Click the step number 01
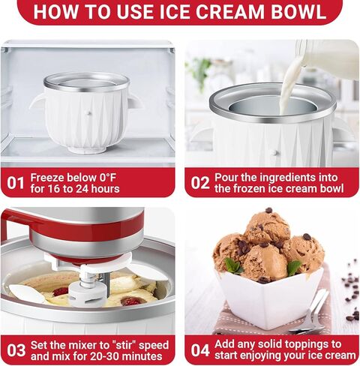(x=16, y=181)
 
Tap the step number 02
(x=199, y=181)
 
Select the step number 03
(x=16, y=350)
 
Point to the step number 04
(x=199, y=350)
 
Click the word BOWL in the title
(x=294, y=12)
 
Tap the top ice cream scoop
(x=268, y=226)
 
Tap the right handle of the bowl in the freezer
(x=135, y=101)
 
